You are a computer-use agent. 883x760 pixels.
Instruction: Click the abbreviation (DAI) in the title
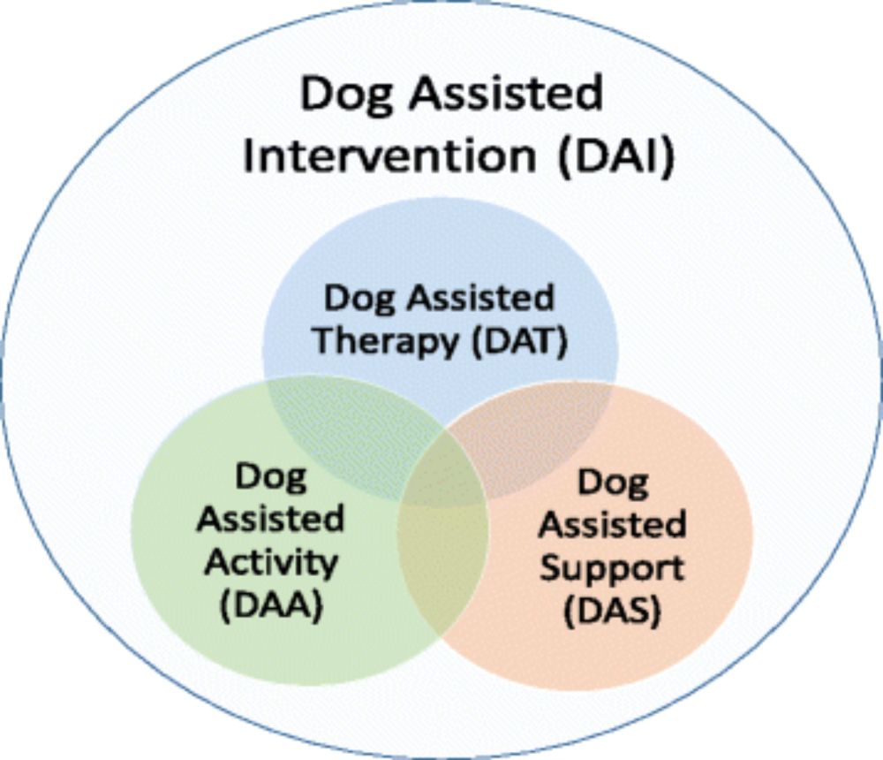tap(615, 156)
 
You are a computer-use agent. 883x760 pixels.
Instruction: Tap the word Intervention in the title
tap(389, 155)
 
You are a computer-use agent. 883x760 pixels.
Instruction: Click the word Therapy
tap(385, 342)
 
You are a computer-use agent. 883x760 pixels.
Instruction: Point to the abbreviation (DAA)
tap(271, 606)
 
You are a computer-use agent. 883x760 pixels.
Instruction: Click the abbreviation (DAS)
tap(612, 611)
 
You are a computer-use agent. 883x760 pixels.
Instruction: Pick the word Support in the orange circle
tap(613, 569)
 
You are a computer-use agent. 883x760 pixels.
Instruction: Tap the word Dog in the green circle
tap(271, 478)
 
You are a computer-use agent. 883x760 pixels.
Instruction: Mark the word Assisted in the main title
tap(506, 93)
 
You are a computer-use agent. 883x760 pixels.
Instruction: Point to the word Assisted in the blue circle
tap(481, 298)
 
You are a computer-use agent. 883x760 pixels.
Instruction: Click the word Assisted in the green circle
tap(270, 519)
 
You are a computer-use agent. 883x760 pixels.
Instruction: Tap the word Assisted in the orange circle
tap(613, 524)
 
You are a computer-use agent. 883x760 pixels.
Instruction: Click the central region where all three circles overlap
tap(443, 473)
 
